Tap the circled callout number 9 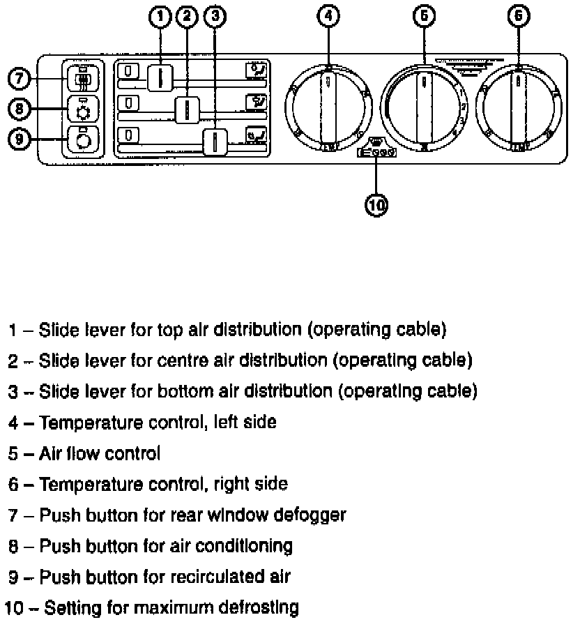tap(18, 139)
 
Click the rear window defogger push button tap(82, 79)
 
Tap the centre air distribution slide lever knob tap(187, 109)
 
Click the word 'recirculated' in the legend tap(211, 577)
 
